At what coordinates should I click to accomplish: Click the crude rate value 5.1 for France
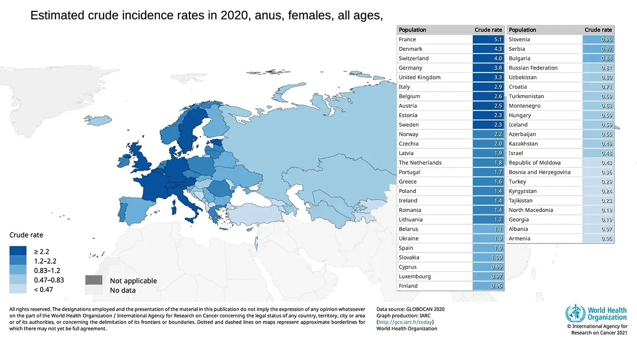(x=498, y=40)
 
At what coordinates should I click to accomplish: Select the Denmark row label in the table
(x=410, y=49)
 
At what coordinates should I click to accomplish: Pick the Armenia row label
(x=519, y=239)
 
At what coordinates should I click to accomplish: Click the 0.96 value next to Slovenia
(x=607, y=40)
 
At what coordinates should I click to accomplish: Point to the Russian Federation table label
(x=533, y=68)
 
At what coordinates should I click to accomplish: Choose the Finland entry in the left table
(x=408, y=286)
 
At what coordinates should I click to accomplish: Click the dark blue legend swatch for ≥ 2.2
(x=18, y=251)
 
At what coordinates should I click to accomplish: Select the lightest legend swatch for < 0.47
(x=18, y=289)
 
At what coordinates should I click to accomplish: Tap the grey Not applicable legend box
(x=93, y=280)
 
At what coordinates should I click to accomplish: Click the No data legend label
(x=122, y=290)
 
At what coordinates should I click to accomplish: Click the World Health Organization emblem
(x=575, y=314)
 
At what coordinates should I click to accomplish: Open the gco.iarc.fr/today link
(x=405, y=322)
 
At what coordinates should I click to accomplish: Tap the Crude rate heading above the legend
(x=26, y=235)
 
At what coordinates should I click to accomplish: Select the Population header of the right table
(x=522, y=30)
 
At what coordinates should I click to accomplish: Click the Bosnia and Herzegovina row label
(x=539, y=172)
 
